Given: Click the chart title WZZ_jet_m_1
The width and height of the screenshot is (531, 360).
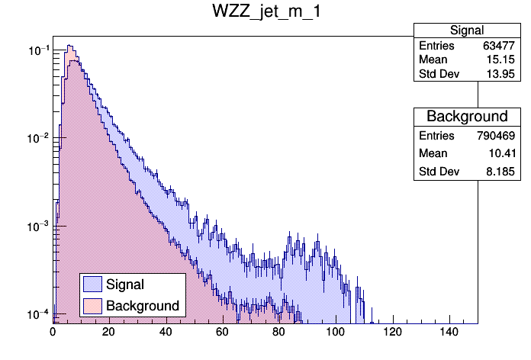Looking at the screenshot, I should pos(265,13).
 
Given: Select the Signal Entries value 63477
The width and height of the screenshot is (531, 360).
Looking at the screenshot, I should pos(500,46).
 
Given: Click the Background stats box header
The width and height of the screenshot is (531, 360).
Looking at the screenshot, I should pos(467,117).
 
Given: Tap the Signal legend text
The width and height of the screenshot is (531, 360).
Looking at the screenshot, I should pos(126,284).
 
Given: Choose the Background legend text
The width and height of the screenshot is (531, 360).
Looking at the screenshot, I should pos(143,306).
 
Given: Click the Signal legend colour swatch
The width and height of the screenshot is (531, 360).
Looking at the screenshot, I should pos(93,284).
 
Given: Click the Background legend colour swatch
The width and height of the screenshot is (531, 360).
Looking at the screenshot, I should pos(93,306).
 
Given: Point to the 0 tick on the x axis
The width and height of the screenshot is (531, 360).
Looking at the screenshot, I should pos(53,333).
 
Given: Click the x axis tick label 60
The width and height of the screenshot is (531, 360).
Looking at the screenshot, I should pos(223,333).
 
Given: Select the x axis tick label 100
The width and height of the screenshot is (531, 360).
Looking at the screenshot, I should pos(336,333).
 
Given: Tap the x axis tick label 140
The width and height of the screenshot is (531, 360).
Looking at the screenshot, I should pos(449,333).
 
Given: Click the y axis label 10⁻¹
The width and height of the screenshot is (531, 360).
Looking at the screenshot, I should pos(39,50).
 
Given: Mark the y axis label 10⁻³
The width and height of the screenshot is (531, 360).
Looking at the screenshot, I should pos(39,227).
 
